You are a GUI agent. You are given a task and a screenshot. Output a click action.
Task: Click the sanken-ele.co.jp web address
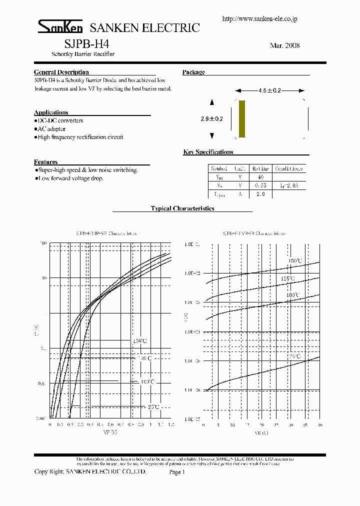click(259, 18)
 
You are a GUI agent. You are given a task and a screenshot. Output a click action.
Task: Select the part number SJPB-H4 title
click(82, 43)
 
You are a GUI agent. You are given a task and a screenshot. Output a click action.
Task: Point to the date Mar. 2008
click(284, 45)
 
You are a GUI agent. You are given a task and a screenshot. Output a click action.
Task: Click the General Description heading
click(61, 72)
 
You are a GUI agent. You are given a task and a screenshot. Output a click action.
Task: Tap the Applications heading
click(51, 112)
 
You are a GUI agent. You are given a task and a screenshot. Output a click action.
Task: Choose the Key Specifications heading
click(208, 152)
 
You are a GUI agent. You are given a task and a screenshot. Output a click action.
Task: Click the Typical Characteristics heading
click(182, 208)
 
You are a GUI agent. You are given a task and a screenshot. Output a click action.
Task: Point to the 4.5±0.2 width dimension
click(270, 90)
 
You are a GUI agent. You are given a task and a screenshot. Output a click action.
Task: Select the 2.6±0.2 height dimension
click(212, 119)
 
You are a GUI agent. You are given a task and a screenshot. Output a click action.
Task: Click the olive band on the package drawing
click(242, 119)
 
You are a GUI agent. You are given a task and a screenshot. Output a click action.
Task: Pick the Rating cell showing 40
click(260, 177)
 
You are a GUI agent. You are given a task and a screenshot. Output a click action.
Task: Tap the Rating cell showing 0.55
click(260, 185)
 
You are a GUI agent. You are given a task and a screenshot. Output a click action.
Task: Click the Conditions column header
click(288, 169)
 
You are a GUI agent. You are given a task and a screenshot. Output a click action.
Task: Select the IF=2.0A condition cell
click(288, 185)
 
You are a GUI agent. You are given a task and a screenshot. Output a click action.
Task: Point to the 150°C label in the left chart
click(140, 341)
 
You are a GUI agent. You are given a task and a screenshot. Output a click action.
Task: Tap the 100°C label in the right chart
click(293, 295)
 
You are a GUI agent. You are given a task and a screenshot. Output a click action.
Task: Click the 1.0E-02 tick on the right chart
click(192, 273)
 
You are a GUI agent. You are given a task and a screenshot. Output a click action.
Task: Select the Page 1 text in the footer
click(177, 471)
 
